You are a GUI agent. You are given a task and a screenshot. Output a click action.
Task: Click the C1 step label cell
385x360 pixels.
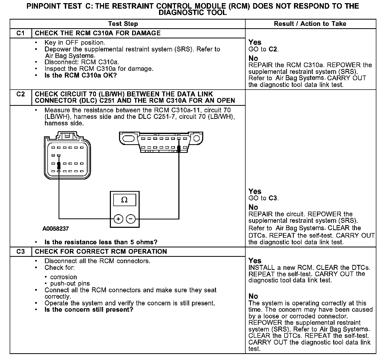pos(20,33)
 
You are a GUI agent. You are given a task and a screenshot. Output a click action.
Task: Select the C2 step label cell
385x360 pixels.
pos(20,94)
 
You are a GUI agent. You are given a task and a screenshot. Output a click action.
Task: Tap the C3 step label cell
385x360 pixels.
pos(20,252)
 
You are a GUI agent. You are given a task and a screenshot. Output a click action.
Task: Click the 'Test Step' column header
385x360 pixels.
pos(123,24)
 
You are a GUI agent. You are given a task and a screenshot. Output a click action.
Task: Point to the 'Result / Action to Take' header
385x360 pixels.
pos(310,24)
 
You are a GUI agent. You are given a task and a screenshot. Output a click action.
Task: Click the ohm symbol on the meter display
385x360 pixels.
pos(124,200)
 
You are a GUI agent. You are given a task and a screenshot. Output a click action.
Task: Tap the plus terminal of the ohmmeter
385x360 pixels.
pos(118,219)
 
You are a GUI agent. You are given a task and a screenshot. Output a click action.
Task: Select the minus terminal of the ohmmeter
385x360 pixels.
pos(131,219)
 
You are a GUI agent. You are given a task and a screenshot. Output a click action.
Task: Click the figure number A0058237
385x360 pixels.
pos(56,229)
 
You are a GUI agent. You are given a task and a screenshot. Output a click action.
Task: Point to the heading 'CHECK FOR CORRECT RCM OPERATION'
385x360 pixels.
pos(101,252)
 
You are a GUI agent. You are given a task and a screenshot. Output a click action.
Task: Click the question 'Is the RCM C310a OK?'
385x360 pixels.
pos(81,76)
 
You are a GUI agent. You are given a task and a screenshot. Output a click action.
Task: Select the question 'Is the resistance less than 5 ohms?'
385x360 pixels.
pos(101,242)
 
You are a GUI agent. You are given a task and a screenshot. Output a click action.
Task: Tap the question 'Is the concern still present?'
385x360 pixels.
pos(89,310)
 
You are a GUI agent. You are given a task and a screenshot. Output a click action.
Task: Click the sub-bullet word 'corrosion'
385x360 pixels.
pos(64,277)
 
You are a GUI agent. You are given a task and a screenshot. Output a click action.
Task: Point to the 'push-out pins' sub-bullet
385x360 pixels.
pos(70,283)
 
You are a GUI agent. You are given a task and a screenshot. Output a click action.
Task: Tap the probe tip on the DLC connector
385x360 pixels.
pos(179,149)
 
